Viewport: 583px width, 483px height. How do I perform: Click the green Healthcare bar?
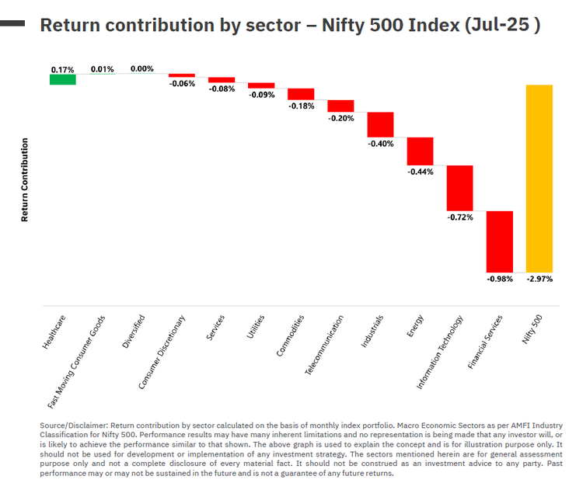[x=63, y=79]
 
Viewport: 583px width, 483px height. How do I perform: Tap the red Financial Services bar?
[x=499, y=241]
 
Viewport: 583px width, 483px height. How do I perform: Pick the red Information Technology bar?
[x=459, y=187]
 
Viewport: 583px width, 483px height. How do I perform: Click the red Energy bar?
[x=420, y=151]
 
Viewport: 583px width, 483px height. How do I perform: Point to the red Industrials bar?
[x=380, y=124]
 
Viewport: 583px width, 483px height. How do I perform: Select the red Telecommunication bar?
[x=340, y=106]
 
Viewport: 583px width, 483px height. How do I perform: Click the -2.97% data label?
[x=539, y=279]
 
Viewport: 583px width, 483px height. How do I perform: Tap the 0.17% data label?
[x=63, y=69]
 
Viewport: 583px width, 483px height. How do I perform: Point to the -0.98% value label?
[x=499, y=279]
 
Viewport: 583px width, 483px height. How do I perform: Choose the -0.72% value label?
[x=459, y=217]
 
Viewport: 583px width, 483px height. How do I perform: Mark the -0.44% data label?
[x=420, y=172]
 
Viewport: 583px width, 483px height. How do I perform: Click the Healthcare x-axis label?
[x=54, y=330]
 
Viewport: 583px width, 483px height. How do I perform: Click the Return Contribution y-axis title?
[x=25, y=180]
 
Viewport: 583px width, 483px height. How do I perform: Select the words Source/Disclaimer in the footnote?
[x=73, y=426]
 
